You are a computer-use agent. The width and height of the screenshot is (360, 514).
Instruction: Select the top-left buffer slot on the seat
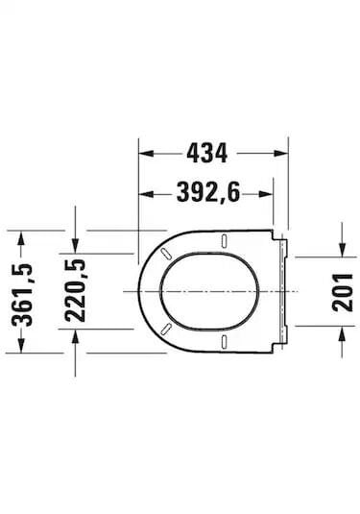pyautogui.click(x=169, y=255)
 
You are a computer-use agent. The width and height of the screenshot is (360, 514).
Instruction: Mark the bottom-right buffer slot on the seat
pyautogui.click(x=224, y=341)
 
